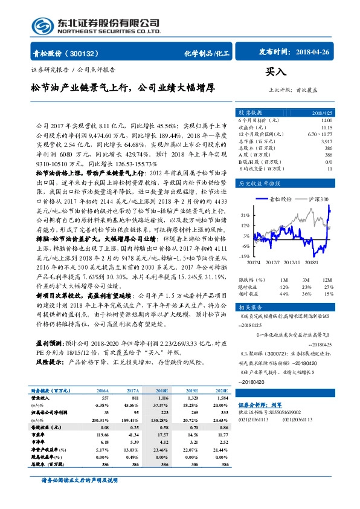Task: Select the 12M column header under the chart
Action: [327, 280]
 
